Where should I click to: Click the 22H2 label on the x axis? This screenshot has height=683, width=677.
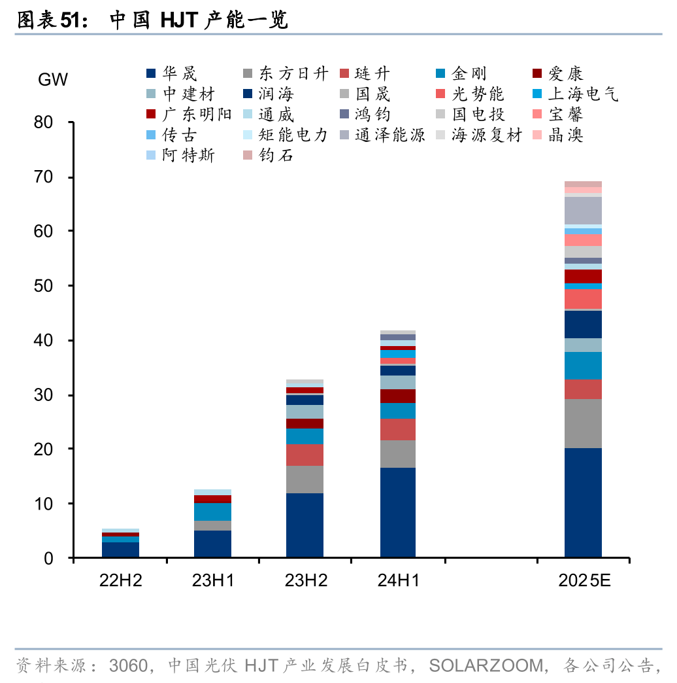(x=120, y=580)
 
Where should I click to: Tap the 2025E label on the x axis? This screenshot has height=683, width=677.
(x=584, y=580)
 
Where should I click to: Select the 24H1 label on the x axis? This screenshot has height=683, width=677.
(x=398, y=580)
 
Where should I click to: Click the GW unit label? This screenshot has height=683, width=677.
(x=52, y=80)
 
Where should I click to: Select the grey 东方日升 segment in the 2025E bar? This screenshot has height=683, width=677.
(x=583, y=423)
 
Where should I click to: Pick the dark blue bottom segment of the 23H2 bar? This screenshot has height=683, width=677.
(x=305, y=525)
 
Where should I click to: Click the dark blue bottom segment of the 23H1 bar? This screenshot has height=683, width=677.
(x=212, y=544)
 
